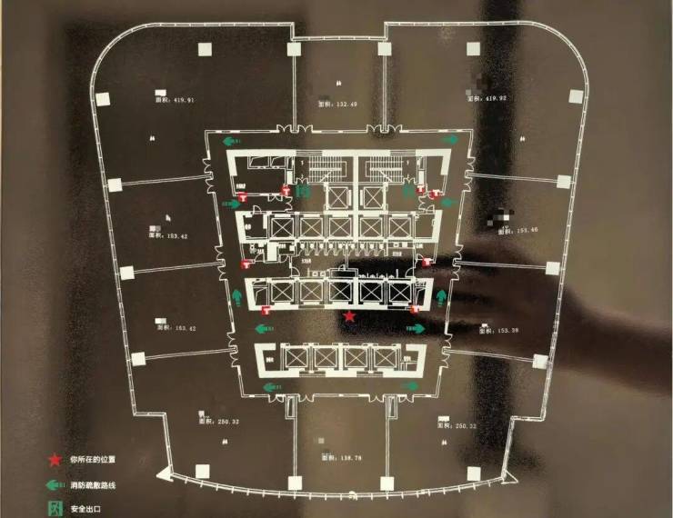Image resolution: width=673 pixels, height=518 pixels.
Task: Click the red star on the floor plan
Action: point(351,315)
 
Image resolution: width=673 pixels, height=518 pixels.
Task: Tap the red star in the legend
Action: point(56,461)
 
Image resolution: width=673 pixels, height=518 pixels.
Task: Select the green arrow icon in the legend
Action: point(56,484)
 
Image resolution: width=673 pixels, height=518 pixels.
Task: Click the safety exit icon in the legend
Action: point(56,508)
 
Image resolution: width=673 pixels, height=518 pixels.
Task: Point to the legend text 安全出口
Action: point(86,508)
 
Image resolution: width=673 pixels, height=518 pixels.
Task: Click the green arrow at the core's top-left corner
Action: point(232,142)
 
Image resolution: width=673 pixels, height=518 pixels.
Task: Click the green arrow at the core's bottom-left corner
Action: point(269,388)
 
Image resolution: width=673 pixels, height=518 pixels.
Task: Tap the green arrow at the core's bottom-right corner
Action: point(412,385)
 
